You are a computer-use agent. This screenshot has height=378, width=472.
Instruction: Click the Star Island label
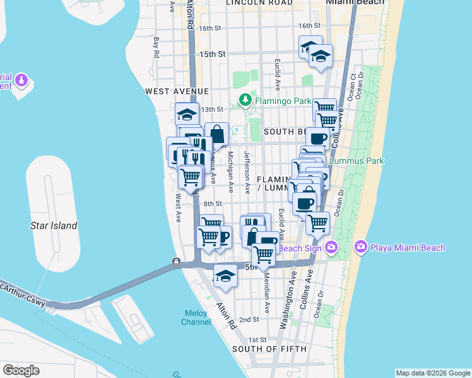(x=54, y=226)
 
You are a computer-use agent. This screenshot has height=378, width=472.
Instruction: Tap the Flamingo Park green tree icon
(x=244, y=100)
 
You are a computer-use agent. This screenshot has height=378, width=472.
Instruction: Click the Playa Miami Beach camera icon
(x=361, y=248)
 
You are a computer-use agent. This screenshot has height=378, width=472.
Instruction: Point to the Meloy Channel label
(x=197, y=318)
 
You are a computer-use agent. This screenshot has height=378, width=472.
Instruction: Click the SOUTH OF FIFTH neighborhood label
(x=269, y=349)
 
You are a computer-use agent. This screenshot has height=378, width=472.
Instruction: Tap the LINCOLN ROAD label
(x=259, y=3)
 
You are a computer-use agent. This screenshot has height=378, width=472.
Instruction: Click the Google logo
(x=21, y=370)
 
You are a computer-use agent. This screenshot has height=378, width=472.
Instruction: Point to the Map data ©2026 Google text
(x=432, y=373)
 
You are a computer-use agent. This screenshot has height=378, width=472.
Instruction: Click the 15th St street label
(x=212, y=55)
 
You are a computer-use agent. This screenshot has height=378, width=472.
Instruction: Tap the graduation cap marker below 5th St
(x=225, y=276)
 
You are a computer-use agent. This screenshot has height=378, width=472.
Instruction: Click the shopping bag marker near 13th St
(x=216, y=134)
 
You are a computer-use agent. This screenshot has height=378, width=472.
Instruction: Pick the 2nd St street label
(x=249, y=320)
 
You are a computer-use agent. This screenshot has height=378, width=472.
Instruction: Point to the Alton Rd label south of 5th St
(x=226, y=315)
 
